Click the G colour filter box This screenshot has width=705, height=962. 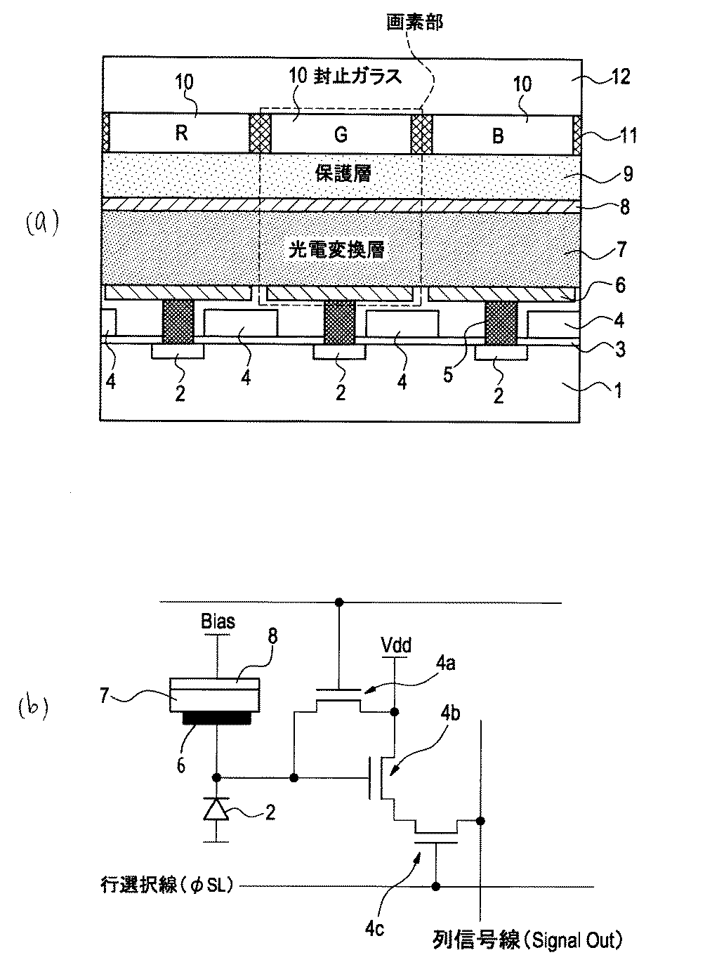pyautogui.click(x=341, y=133)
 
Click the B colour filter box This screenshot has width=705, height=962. pyautogui.click(x=499, y=133)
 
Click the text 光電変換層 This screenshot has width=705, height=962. pyautogui.click(x=337, y=249)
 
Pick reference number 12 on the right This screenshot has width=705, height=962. pyautogui.click(x=617, y=76)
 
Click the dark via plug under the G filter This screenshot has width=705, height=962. pyautogui.click(x=340, y=321)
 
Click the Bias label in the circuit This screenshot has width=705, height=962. pyautogui.click(x=218, y=621)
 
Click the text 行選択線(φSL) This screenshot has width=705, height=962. pyautogui.click(x=166, y=886)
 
